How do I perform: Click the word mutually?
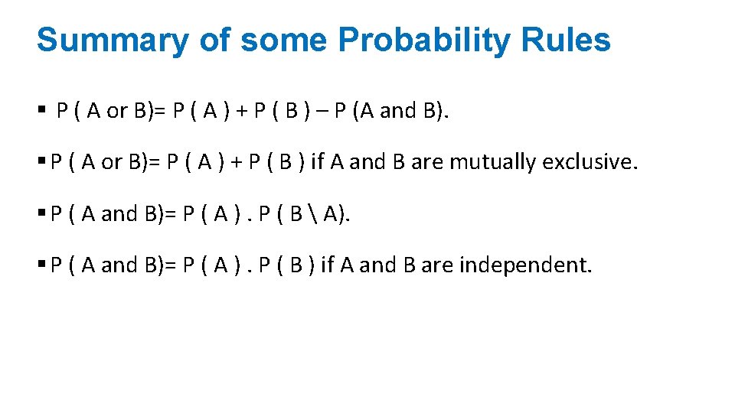[492, 162]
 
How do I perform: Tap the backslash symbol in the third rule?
[316, 214]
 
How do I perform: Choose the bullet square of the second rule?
[41, 162]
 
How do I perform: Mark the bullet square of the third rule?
[41, 214]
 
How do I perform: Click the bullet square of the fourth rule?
[41, 265]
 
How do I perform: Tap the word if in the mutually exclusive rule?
[317, 162]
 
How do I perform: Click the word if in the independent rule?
[328, 265]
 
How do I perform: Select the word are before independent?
[437, 265]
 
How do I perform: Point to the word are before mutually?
[427, 162]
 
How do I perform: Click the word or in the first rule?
[117, 112]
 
